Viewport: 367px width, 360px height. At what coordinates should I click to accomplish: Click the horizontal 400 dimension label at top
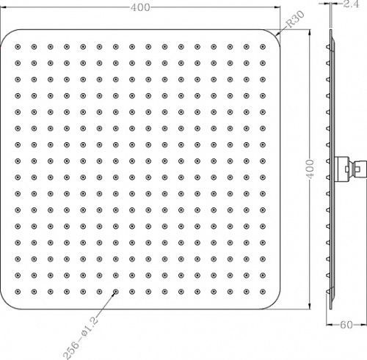140,7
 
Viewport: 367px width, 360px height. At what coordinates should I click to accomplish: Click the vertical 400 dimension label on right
310,169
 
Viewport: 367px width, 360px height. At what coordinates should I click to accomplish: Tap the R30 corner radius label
295,19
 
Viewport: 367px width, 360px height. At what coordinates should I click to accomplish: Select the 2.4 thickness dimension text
351,4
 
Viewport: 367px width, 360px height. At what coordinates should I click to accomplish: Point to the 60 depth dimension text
346,325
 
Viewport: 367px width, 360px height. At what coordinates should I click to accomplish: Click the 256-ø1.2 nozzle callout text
81,338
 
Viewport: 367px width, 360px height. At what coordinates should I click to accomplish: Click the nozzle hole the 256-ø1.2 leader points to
116,292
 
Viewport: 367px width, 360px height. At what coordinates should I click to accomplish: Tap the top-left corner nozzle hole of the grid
18,47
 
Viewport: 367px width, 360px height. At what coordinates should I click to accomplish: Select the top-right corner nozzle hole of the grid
263,47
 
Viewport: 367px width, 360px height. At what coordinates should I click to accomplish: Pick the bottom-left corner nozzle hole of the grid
18,292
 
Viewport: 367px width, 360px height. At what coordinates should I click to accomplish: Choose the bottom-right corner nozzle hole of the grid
263,292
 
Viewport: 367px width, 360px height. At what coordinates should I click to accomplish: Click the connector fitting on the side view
351,169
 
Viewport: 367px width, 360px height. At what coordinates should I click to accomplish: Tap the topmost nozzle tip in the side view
326,47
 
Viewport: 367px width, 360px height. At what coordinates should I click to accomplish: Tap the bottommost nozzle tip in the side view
326,291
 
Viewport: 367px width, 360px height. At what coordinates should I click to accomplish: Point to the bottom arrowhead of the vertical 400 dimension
310,306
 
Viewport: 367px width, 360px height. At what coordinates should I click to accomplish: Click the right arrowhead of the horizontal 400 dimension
277,7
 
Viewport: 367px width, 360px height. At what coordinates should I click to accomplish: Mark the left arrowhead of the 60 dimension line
330,325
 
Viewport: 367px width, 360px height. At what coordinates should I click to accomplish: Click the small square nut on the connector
346,169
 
